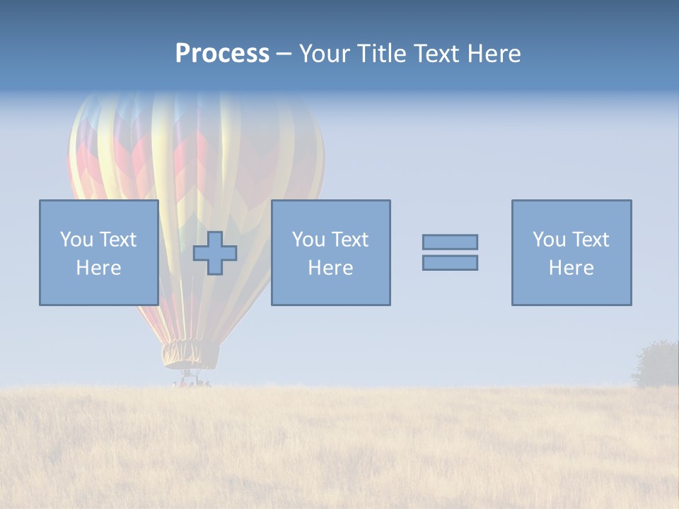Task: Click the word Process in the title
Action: point(222,54)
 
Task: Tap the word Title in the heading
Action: point(383,54)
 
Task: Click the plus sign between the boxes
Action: point(215,253)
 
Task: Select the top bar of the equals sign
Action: point(450,242)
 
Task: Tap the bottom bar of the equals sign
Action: point(450,263)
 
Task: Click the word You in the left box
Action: point(76,240)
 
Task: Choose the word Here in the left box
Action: point(98,268)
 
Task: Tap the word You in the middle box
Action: point(308,240)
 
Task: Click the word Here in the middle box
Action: point(330,268)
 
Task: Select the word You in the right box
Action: point(549,240)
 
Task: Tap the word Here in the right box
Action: point(571,268)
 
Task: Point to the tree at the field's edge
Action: point(658,364)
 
